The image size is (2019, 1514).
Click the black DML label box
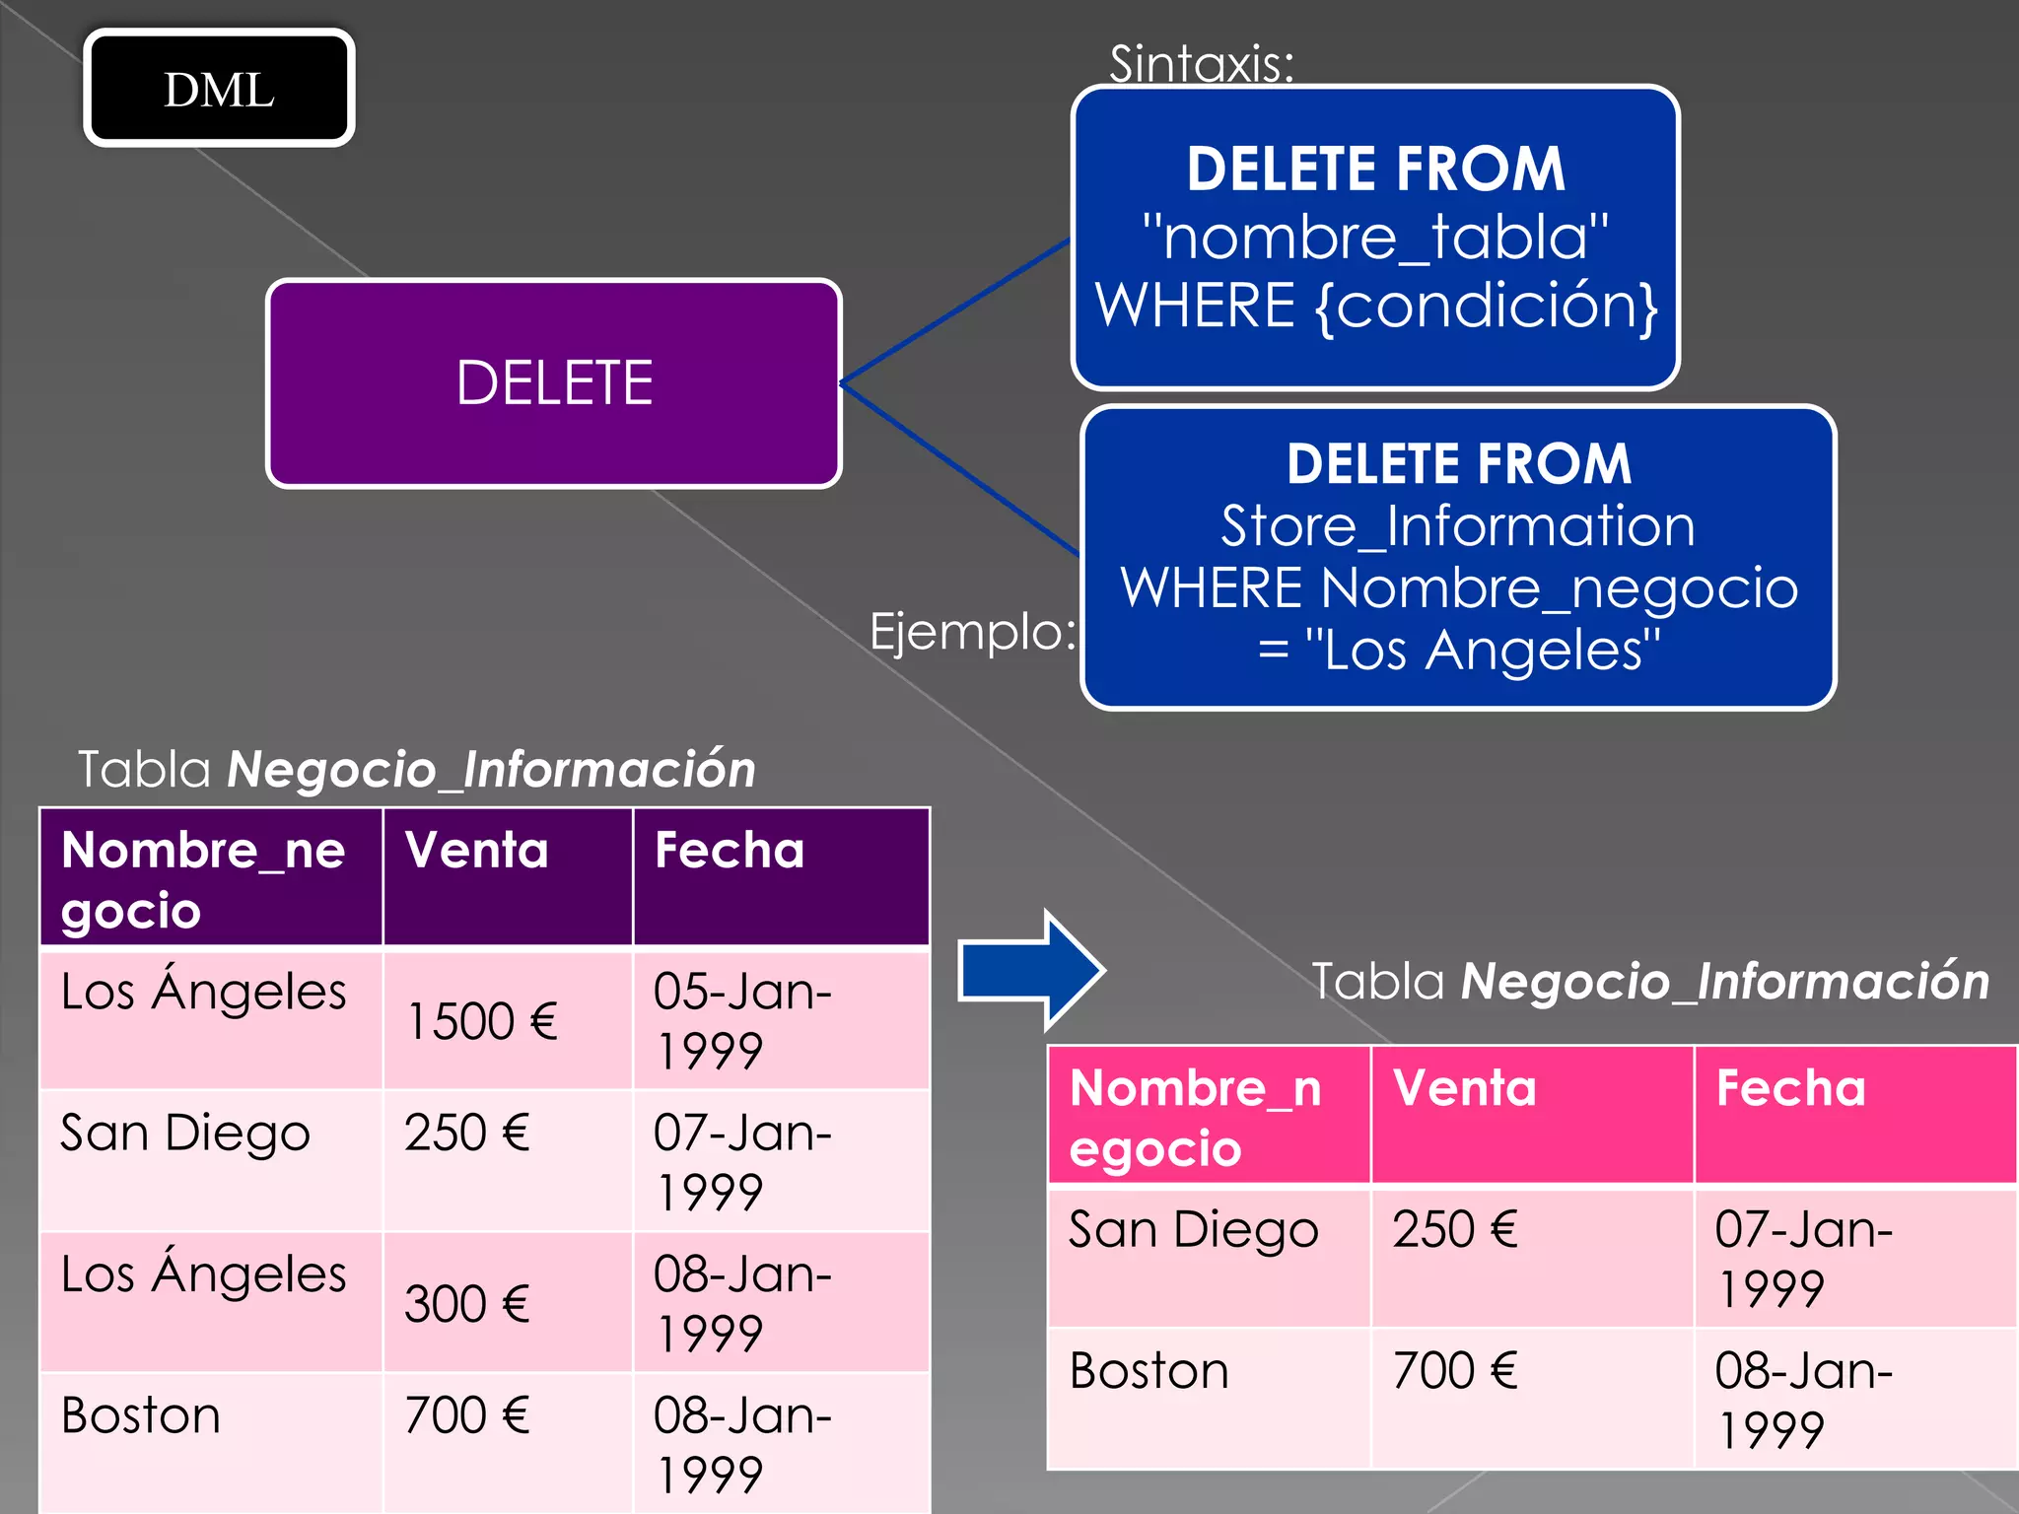tap(219, 89)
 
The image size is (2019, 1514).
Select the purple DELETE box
tap(553, 383)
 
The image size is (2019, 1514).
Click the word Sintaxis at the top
tap(1200, 64)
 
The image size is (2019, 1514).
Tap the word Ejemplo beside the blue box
tap(971, 631)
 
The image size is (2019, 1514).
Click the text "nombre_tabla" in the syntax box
tap(1374, 238)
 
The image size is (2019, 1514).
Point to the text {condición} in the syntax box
tap(1487, 306)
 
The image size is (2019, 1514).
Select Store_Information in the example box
tap(1457, 525)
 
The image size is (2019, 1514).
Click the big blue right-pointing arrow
tap(1030, 971)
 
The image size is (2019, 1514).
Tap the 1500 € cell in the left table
tap(482, 1021)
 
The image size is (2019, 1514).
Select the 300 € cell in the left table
tap(467, 1304)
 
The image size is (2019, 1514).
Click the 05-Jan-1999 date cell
tap(741, 1020)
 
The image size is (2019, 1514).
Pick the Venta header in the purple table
tap(477, 851)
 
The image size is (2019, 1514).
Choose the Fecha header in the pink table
tap(1790, 1089)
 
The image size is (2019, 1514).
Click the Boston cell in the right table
tap(1149, 1371)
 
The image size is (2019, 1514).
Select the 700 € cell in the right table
tap(1455, 1371)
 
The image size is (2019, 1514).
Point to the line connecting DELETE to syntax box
tap(954, 311)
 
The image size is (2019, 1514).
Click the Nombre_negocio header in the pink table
tap(1195, 1118)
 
